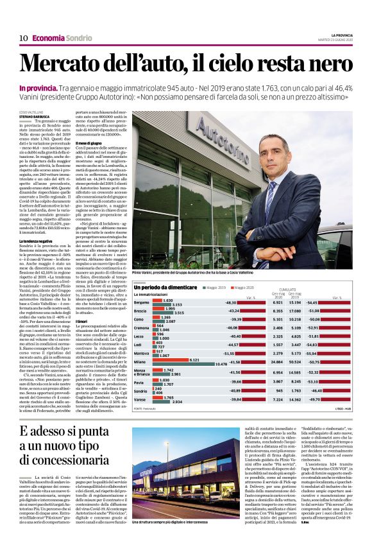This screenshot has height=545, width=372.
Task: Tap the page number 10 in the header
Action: [x=24, y=38]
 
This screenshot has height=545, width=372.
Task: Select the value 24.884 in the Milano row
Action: [x=277, y=362]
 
